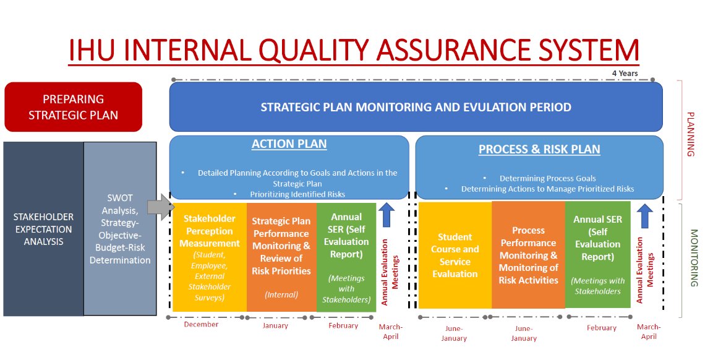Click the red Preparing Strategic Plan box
click(x=74, y=107)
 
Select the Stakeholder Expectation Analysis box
click(x=43, y=229)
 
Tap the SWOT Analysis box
click(x=120, y=229)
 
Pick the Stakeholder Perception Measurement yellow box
click(x=210, y=257)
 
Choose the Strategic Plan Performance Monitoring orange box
click(x=281, y=257)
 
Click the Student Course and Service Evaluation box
click(x=455, y=255)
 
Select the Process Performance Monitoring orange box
click(x=528, y=255)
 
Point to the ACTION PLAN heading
click(x=289, y=144)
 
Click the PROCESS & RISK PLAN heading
click(x=539, y=149)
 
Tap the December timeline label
click(x=201, y=325)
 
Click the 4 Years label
click(x=625, y=73)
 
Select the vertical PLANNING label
click(x=691, y=134)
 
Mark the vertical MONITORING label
click(x=694, y=258)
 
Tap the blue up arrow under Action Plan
click(x=387, y=215)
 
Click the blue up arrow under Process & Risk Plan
click(x=645, y=216)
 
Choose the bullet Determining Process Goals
click(x=548, y=178)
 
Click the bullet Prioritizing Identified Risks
click(x=297, y=195)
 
